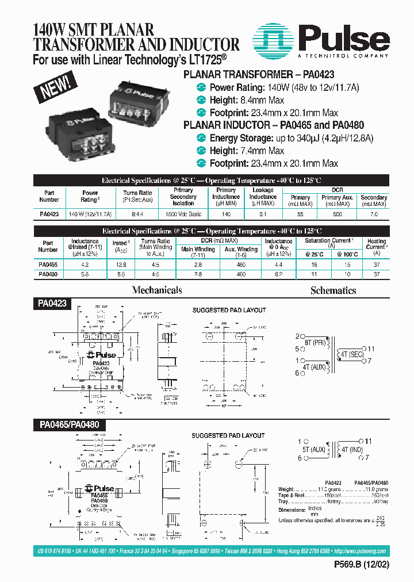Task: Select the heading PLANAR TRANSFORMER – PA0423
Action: (x=258, y=75)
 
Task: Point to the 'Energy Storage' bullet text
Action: (x=241, y=138)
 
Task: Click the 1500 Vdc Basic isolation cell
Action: (x=183, y=214)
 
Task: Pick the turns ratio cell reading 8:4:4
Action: (x=137, y=214)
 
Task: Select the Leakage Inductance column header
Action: (x=263, y=197)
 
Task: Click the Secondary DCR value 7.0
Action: (x=374, y=214)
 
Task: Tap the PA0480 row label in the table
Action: (x=48, y=274)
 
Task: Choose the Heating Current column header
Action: (x=377, y=247)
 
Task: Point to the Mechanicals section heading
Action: (x=157, y=290)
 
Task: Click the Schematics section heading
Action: (x=333, y=290)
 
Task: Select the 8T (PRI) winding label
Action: (x=316, y=342)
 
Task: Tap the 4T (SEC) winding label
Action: (x=351, y=354)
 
